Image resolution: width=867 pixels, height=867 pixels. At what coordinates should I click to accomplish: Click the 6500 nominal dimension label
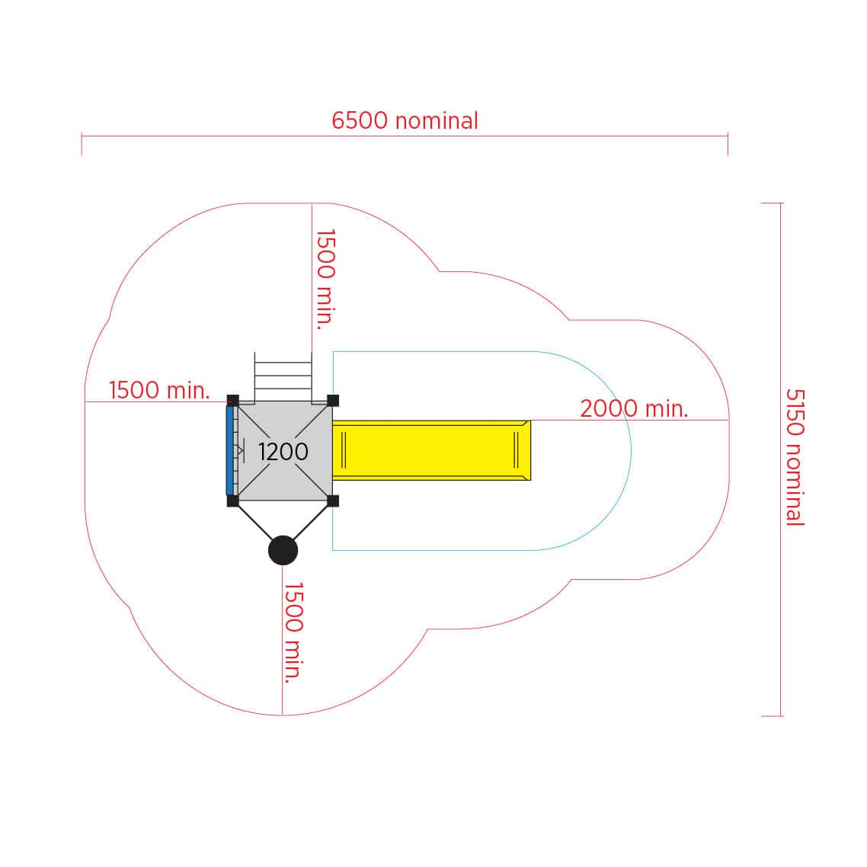tap(405, 120)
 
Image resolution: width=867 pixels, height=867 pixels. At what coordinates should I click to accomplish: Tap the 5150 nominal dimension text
tap(795, 456)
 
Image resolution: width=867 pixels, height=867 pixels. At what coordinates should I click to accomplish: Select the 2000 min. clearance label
tap(634, 408)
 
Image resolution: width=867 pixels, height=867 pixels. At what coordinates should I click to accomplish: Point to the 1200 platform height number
tap(283, 452)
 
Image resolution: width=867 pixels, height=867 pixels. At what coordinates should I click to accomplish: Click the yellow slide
tap(431, 450)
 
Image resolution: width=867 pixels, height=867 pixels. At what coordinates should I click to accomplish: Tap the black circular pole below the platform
tap(283, 550)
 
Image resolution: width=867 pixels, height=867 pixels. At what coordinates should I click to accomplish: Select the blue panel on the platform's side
tap(230, 450)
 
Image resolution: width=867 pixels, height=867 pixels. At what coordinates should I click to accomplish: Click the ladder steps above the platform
tap(283, 377)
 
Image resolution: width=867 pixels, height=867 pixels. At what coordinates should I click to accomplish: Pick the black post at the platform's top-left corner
tap(233, 400)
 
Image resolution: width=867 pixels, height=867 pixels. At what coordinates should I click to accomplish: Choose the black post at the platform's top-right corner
tap(333, 400)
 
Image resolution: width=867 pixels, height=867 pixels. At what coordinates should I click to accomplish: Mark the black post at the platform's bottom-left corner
tap(233, 501)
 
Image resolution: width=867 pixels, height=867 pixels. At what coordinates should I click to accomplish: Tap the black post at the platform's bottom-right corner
tap(333, 501)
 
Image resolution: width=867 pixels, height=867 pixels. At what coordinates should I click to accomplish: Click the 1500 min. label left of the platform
tap(159, 390)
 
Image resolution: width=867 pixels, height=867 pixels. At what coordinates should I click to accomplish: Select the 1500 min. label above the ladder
tap(325, 280)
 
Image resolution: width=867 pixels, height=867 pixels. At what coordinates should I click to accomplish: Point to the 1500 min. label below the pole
tap(293, 632)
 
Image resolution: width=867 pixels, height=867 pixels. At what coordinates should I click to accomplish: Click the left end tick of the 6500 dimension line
tap(82, 144)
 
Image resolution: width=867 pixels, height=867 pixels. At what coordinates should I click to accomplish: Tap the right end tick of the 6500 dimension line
tap(728, 144)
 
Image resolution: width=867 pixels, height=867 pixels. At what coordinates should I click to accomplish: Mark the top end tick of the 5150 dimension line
tap(772, 203)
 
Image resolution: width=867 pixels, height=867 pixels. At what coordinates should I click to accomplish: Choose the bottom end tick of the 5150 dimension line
tap(772, 716)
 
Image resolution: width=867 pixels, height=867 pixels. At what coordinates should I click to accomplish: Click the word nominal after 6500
tap(437, 120)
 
